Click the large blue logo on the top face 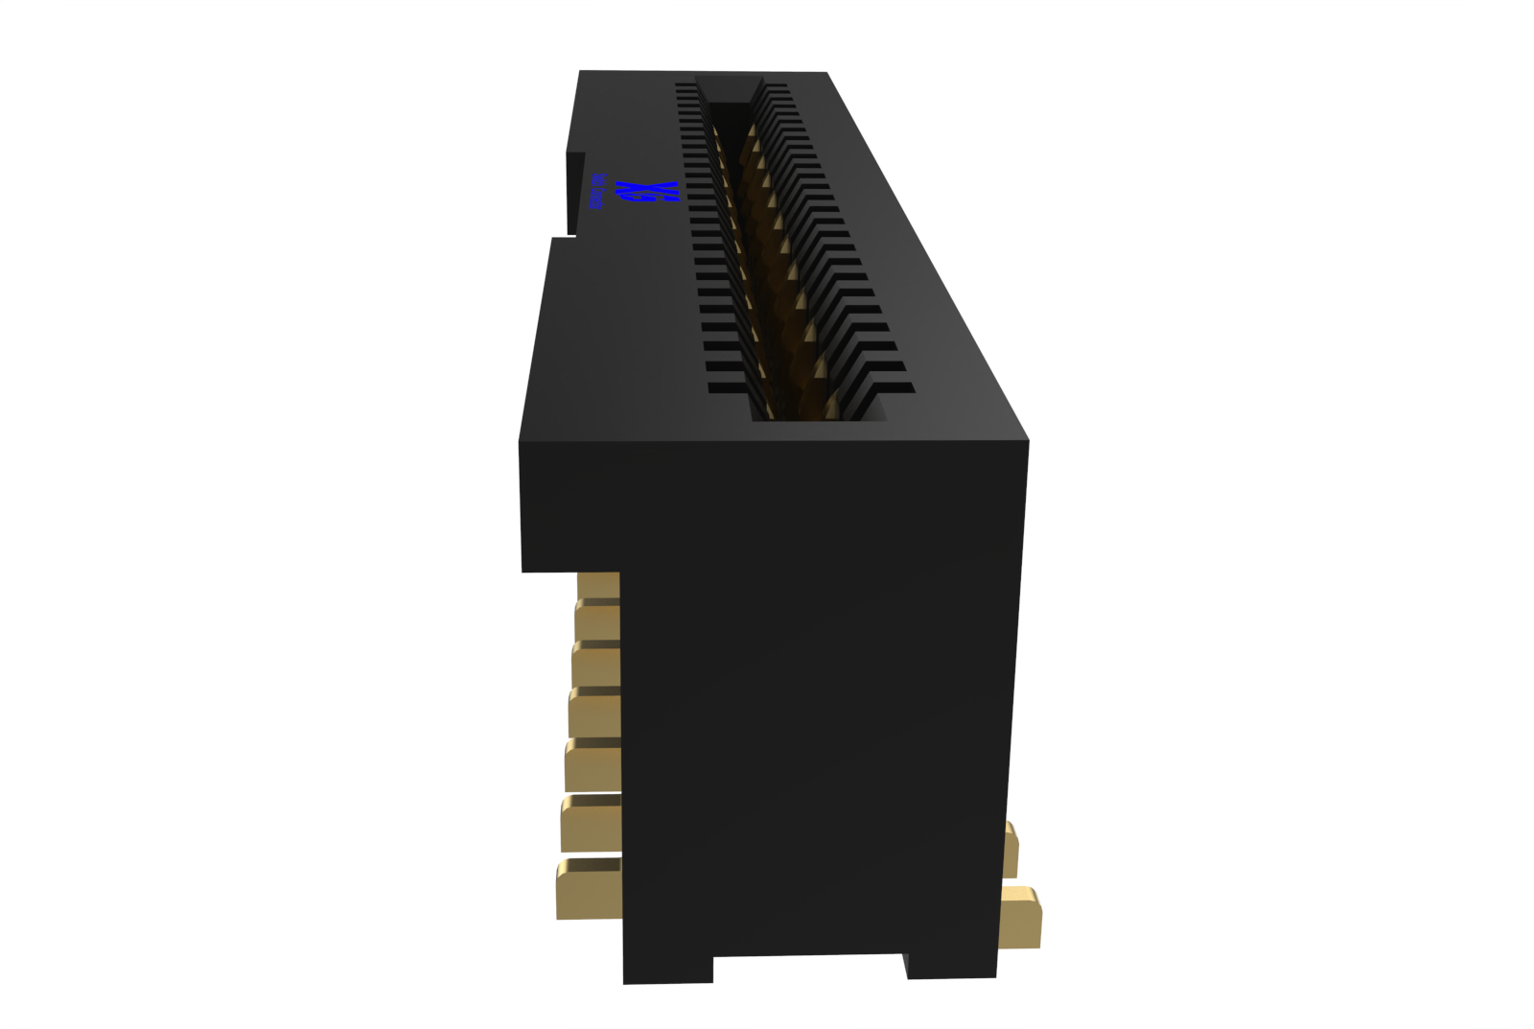648,191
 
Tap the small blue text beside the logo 596,192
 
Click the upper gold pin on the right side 1011,849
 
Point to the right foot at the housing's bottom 951,963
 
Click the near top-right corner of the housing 1027,441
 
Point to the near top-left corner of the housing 521,442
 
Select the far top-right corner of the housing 826,73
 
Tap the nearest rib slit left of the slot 728,388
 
